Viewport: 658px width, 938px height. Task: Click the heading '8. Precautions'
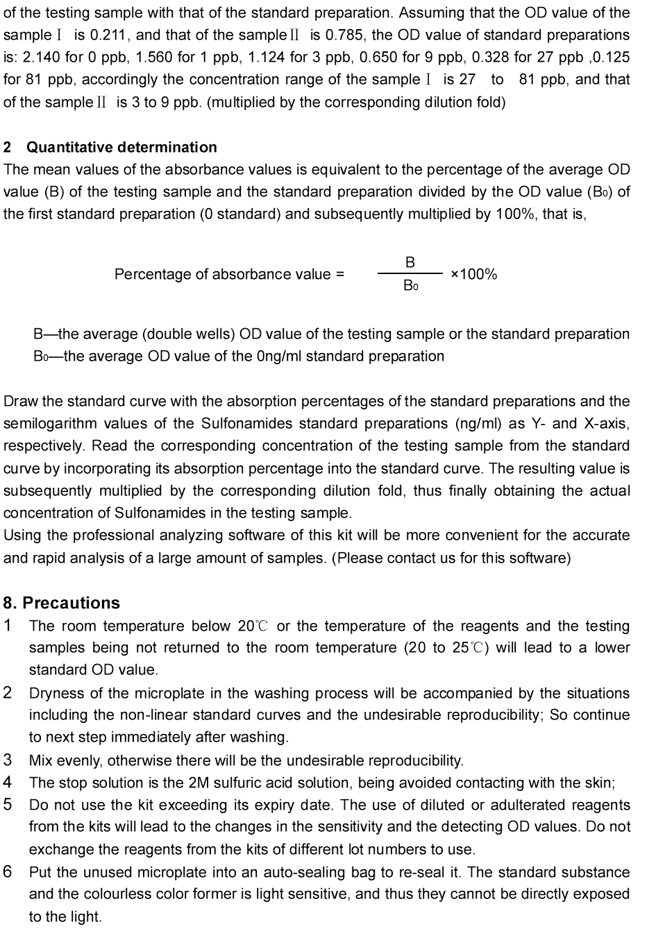61,603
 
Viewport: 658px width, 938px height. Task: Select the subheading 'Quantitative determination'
121,147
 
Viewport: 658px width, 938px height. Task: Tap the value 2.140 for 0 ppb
39,57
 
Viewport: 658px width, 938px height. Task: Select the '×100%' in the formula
474,274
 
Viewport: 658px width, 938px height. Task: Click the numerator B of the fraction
410,262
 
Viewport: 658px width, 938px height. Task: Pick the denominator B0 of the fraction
410,285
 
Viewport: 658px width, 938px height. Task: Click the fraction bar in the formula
410,274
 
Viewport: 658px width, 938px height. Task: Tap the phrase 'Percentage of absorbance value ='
229,274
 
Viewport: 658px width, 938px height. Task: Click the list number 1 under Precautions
8,626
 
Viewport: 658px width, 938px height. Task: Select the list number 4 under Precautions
8,783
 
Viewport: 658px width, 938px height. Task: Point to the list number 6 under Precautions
8,872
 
